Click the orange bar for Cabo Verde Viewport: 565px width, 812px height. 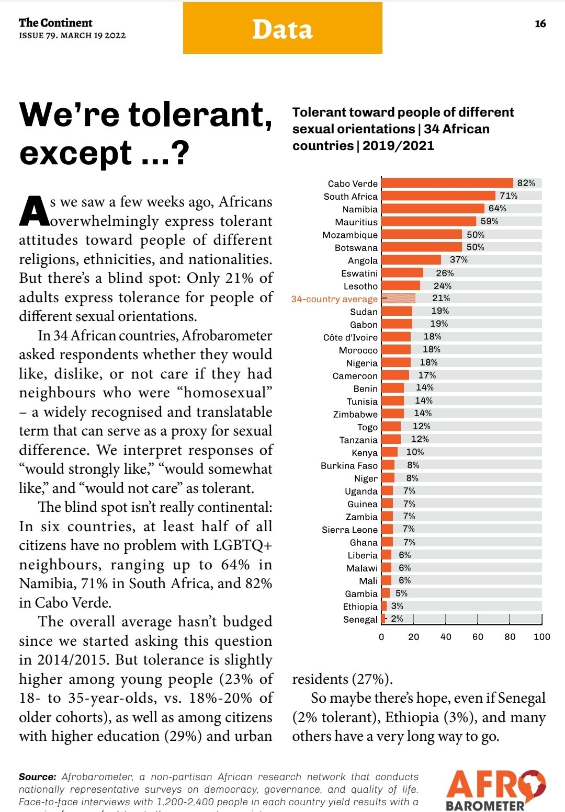pyautogui.click(x=447, y=183)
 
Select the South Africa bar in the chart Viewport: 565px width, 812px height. pyautogui.click(x=438, y=196)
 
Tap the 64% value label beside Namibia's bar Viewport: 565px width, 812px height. pyautogui.click(x=497, y=209)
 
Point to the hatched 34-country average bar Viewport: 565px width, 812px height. pyautogui.click(x=399, y=299)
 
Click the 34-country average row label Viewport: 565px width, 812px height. pyautogui.click(x=334, y=299)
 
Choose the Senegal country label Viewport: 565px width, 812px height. pyautogui.click(x=360, y=620)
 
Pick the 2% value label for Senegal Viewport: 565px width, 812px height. pyautogui.click(x=397, y=619)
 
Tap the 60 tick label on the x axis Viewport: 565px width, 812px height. pyautogui.click(x=478, y=637)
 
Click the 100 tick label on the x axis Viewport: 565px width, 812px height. pyautogui.click(x=541, y=637)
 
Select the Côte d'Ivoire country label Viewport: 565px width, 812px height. pyautogui.click(x=350, y=338)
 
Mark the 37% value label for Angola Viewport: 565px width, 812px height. pyautogui.click(x=459, y=260)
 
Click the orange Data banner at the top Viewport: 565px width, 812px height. pyautogui.click(x=282, y=28)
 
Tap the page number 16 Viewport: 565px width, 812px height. pyautogui.click(x=540, y=24)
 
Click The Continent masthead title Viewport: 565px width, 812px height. pyautogui.click(x=55, y=22)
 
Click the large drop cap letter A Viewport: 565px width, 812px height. pyautogui.click(x=34, y=212)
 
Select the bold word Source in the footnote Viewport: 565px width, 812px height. pyautogui.click(x=37, y=777)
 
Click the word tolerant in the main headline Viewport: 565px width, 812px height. pyautogui.click(x=199, y=115)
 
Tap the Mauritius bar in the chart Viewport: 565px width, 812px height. pyautogui.click(x=429, y=222)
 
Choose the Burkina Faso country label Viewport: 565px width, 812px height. pyautogui.click(x=349, y=466)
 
